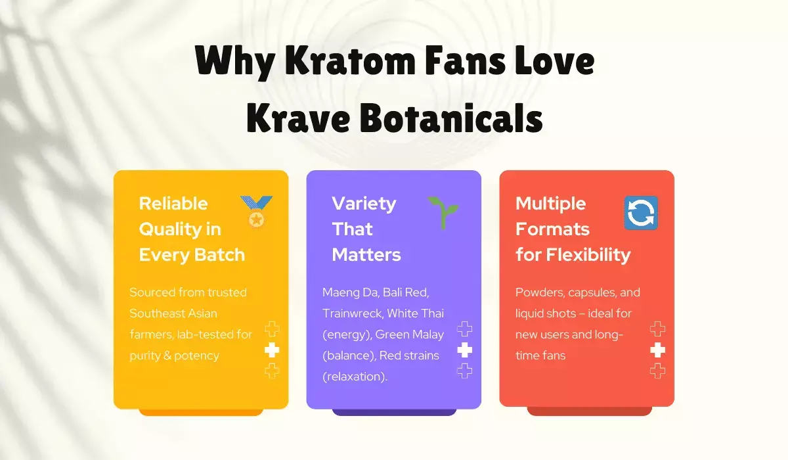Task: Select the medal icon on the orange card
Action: (x=255, y=212)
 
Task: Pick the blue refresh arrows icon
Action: (x=640, y=213)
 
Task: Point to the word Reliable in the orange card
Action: (x=173, y=204)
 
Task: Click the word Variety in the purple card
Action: (x=364, y=204)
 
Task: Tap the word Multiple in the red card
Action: (x=550, y=204)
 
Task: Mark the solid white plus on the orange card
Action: (x=272, y=350)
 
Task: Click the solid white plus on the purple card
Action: (x=464, y=350)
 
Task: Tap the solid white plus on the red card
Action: (x=657, y=350)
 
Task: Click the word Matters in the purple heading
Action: (x=366, y=254)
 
